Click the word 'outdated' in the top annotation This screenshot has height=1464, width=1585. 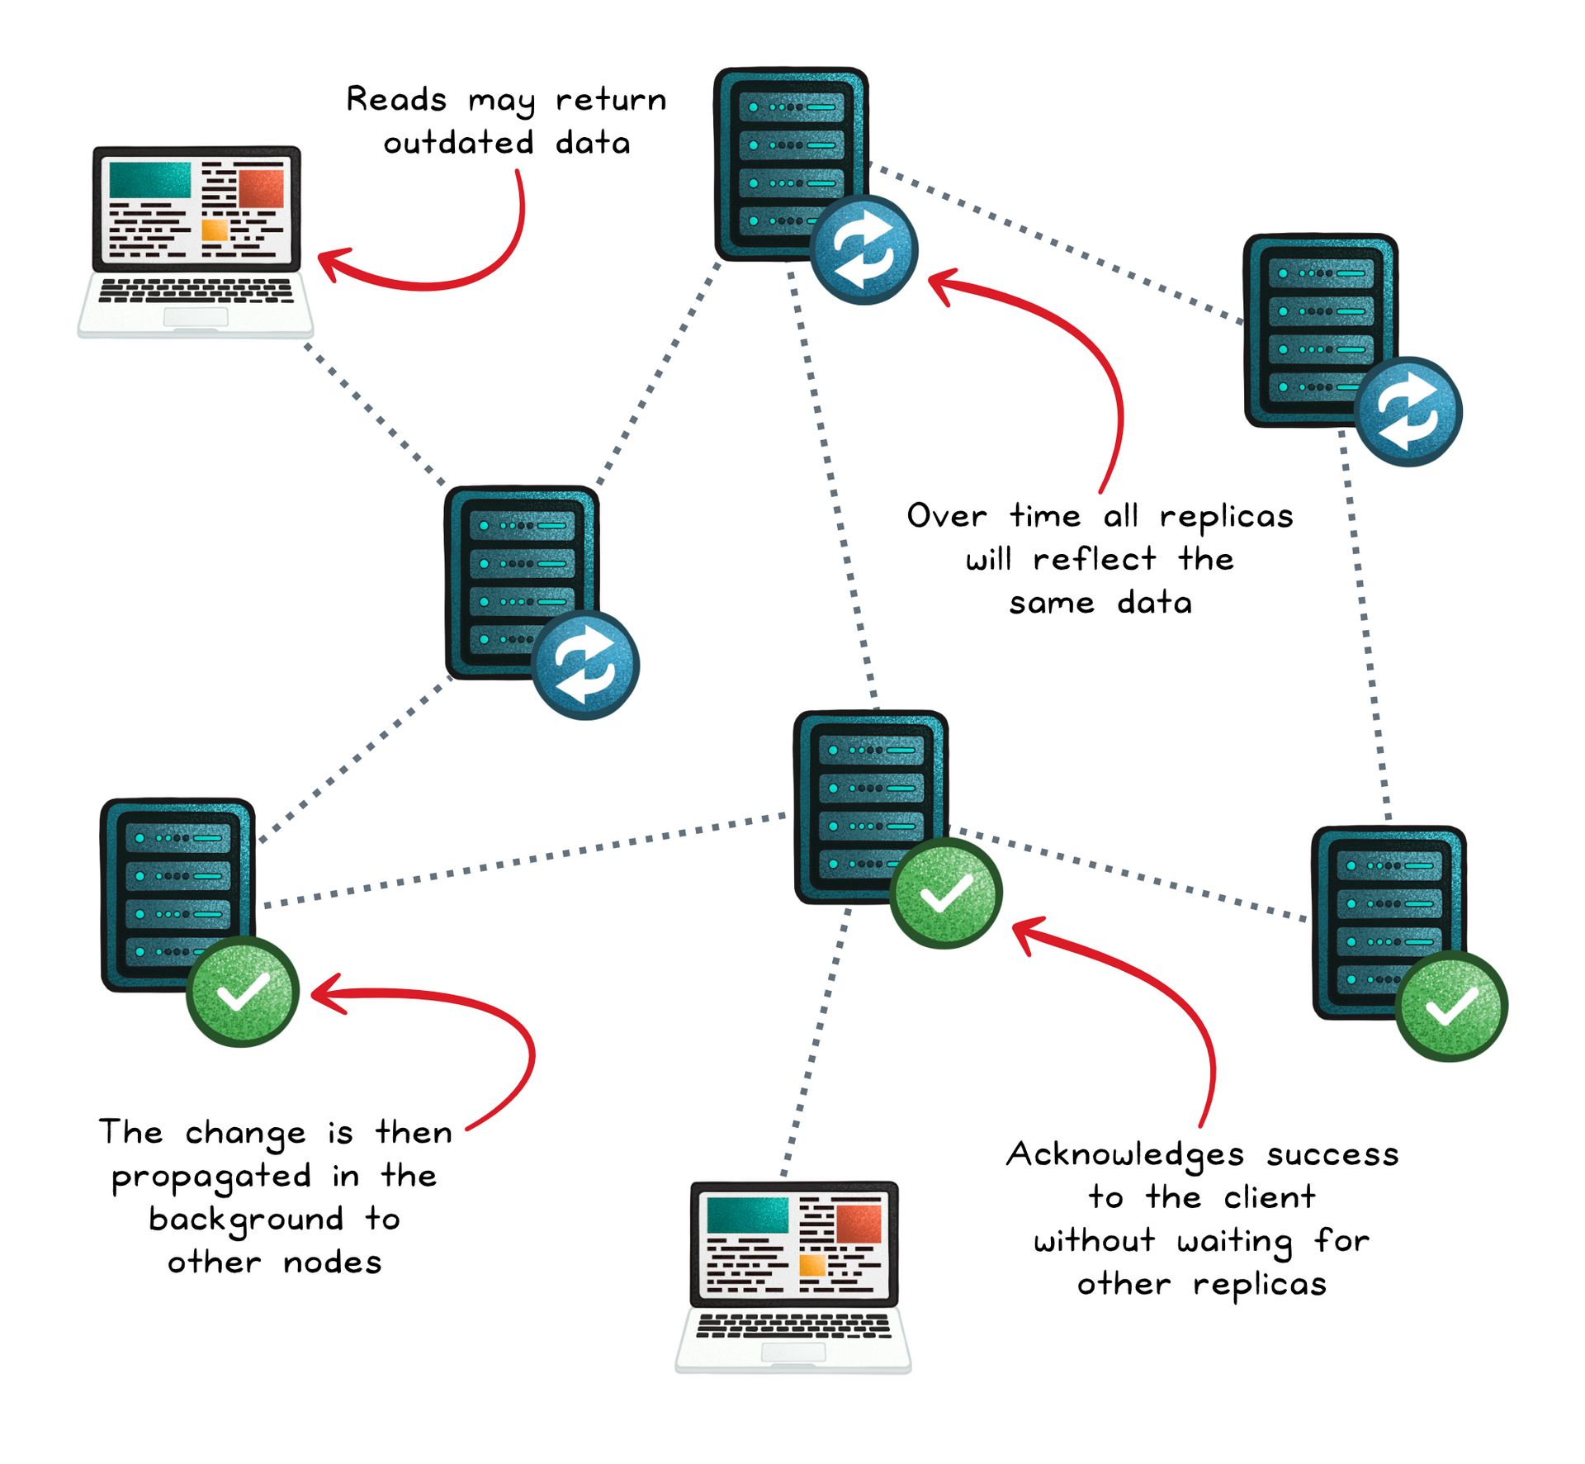tap(458, 143)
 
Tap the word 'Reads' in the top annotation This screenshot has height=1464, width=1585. tap(396, 100)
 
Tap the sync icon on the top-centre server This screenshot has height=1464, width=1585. tap(863, 249)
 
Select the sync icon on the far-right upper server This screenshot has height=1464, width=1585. tap(1408, 410)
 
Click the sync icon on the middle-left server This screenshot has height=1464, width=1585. tap(585, 664)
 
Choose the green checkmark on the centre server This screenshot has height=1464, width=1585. tap(946, 893)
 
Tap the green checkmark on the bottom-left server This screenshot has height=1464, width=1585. tap(242, 991)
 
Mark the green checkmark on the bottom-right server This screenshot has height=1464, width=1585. tap(1450, 1005)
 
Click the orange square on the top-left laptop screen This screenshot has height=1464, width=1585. tap(215, 230)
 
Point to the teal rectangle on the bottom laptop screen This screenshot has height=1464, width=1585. tap(748, 1215)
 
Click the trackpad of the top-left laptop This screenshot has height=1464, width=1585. tap(196, 317)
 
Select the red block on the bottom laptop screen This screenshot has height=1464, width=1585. tap(859, 1224)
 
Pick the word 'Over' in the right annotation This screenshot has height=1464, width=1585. tap(946, 517)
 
